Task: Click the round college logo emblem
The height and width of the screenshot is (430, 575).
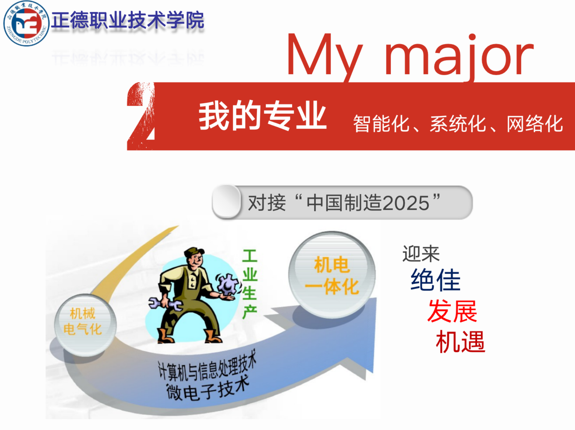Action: pyautogui.click(x=26, y=23)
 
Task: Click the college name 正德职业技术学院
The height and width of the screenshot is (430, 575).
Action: pyautogui.click(x=128, y=20)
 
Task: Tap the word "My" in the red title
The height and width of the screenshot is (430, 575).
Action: pyautogui.click(x=325, y=57)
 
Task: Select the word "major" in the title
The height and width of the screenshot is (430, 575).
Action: pyautogui.click(x=459, y=57)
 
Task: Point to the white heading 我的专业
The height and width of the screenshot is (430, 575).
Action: pyautogui.click(x=263, y=116)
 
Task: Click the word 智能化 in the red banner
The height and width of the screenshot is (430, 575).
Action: pyautogui.click(x=381, y=124)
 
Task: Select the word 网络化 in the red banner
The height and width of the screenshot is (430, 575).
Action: pyautogui.click(x=535, y=124)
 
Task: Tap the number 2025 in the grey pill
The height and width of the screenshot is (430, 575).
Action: pyautogui.click(x=406, y=203)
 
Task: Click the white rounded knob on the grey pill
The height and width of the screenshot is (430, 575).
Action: pyautogui.click(x=226, y=202)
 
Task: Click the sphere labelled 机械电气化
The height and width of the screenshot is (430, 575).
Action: pyautogui.click(x=85, y=325)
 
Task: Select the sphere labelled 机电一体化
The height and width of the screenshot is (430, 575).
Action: pyautogui.click(x=332, y=275)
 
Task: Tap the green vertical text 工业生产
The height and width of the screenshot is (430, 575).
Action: pyautogui.click(x=250, y=284)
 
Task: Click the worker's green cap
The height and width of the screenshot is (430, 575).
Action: pyautogui.click(x=193, y=252)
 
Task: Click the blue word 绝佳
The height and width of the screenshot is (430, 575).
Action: pyautogui.click(x=435, y=280)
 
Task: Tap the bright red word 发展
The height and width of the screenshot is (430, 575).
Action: pyautogui.click(x=452, y=311)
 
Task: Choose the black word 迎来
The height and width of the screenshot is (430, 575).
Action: pyautogui.click(x=421, y=254)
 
